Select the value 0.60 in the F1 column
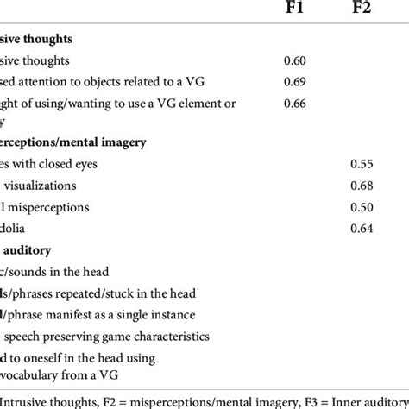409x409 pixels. tap(295, 61)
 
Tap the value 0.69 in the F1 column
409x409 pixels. tap(295, 82)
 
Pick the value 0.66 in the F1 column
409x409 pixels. tap(295, 103)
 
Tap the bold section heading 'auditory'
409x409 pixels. tap(31, 250)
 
